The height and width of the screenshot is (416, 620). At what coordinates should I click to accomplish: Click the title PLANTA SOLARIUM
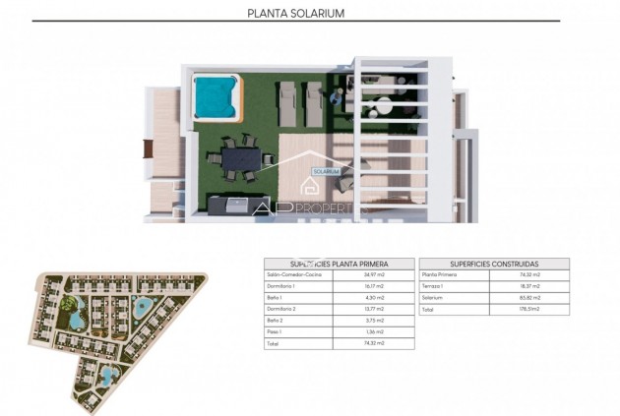311,14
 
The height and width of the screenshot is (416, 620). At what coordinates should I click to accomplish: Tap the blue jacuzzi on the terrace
215,95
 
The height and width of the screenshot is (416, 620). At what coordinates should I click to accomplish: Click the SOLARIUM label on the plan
326,171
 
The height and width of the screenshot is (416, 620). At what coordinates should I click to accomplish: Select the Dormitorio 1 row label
281,285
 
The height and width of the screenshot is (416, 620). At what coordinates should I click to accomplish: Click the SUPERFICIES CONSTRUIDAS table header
493,264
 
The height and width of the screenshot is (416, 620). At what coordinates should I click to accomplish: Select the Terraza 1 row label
434,285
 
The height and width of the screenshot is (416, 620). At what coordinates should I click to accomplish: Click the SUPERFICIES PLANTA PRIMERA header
339,264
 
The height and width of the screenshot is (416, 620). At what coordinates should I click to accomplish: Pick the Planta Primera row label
439,274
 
